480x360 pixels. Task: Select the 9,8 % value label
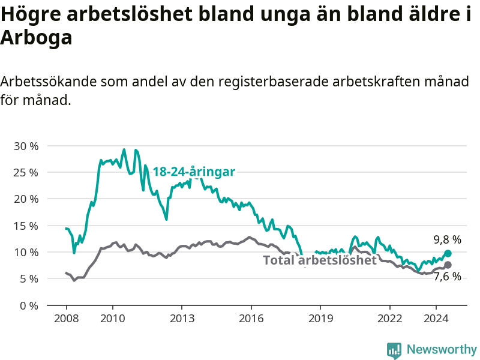click(447, 239)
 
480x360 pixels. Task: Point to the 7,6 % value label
click(447, 277)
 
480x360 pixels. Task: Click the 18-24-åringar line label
click(194, 172)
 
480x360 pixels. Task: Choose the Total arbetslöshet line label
click(320, 260)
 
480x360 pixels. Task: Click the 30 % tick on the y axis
click(26, 146)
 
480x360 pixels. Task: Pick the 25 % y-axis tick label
click(26, 173)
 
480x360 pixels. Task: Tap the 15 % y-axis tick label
click(26, 226)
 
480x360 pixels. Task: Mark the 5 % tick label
click(29, 279)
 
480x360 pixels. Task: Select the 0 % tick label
click(29, 305)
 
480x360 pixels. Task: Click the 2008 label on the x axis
click(67, 319)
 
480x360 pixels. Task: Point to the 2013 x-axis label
click(182, 319)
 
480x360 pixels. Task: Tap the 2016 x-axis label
click(251, 319)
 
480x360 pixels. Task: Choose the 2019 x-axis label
click(320, 319)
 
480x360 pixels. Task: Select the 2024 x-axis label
click(436, 319)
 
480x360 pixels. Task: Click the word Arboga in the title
click(36, 38)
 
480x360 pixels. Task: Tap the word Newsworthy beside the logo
click(442, 349)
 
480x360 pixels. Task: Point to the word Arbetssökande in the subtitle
click(49, 82)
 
